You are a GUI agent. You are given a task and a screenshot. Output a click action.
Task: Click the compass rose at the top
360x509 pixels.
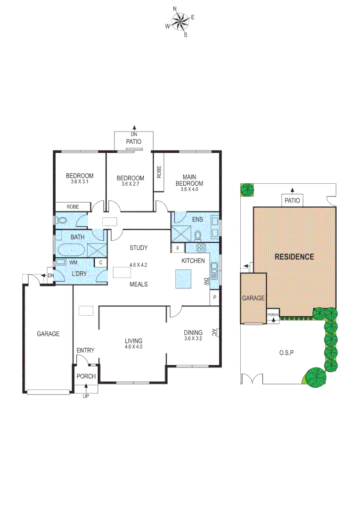(180, 21)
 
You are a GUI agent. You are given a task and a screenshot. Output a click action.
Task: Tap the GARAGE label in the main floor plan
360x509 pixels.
(49, 334)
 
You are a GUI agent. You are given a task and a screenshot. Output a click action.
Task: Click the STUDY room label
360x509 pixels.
(139, 248)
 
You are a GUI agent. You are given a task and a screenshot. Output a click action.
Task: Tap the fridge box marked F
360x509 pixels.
(178, 248)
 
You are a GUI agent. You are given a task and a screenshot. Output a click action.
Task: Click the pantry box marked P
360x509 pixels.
(214, 297)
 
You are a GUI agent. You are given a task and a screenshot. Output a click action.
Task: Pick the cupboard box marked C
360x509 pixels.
(101, 263)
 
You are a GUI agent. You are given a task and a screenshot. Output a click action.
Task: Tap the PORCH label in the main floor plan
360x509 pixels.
(86, 376)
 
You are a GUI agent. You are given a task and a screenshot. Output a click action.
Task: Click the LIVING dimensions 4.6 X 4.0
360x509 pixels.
(133, 347)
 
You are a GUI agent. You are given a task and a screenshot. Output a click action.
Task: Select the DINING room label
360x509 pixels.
(193, 332)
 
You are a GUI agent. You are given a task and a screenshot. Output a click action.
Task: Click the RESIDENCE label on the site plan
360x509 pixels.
(294, 257)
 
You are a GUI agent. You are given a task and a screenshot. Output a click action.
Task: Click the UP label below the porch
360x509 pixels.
(86, 396)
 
